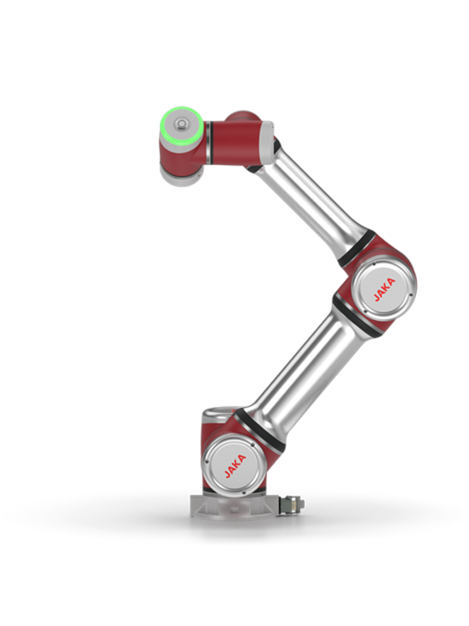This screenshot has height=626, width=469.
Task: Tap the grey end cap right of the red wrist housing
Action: pos(266,143)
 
